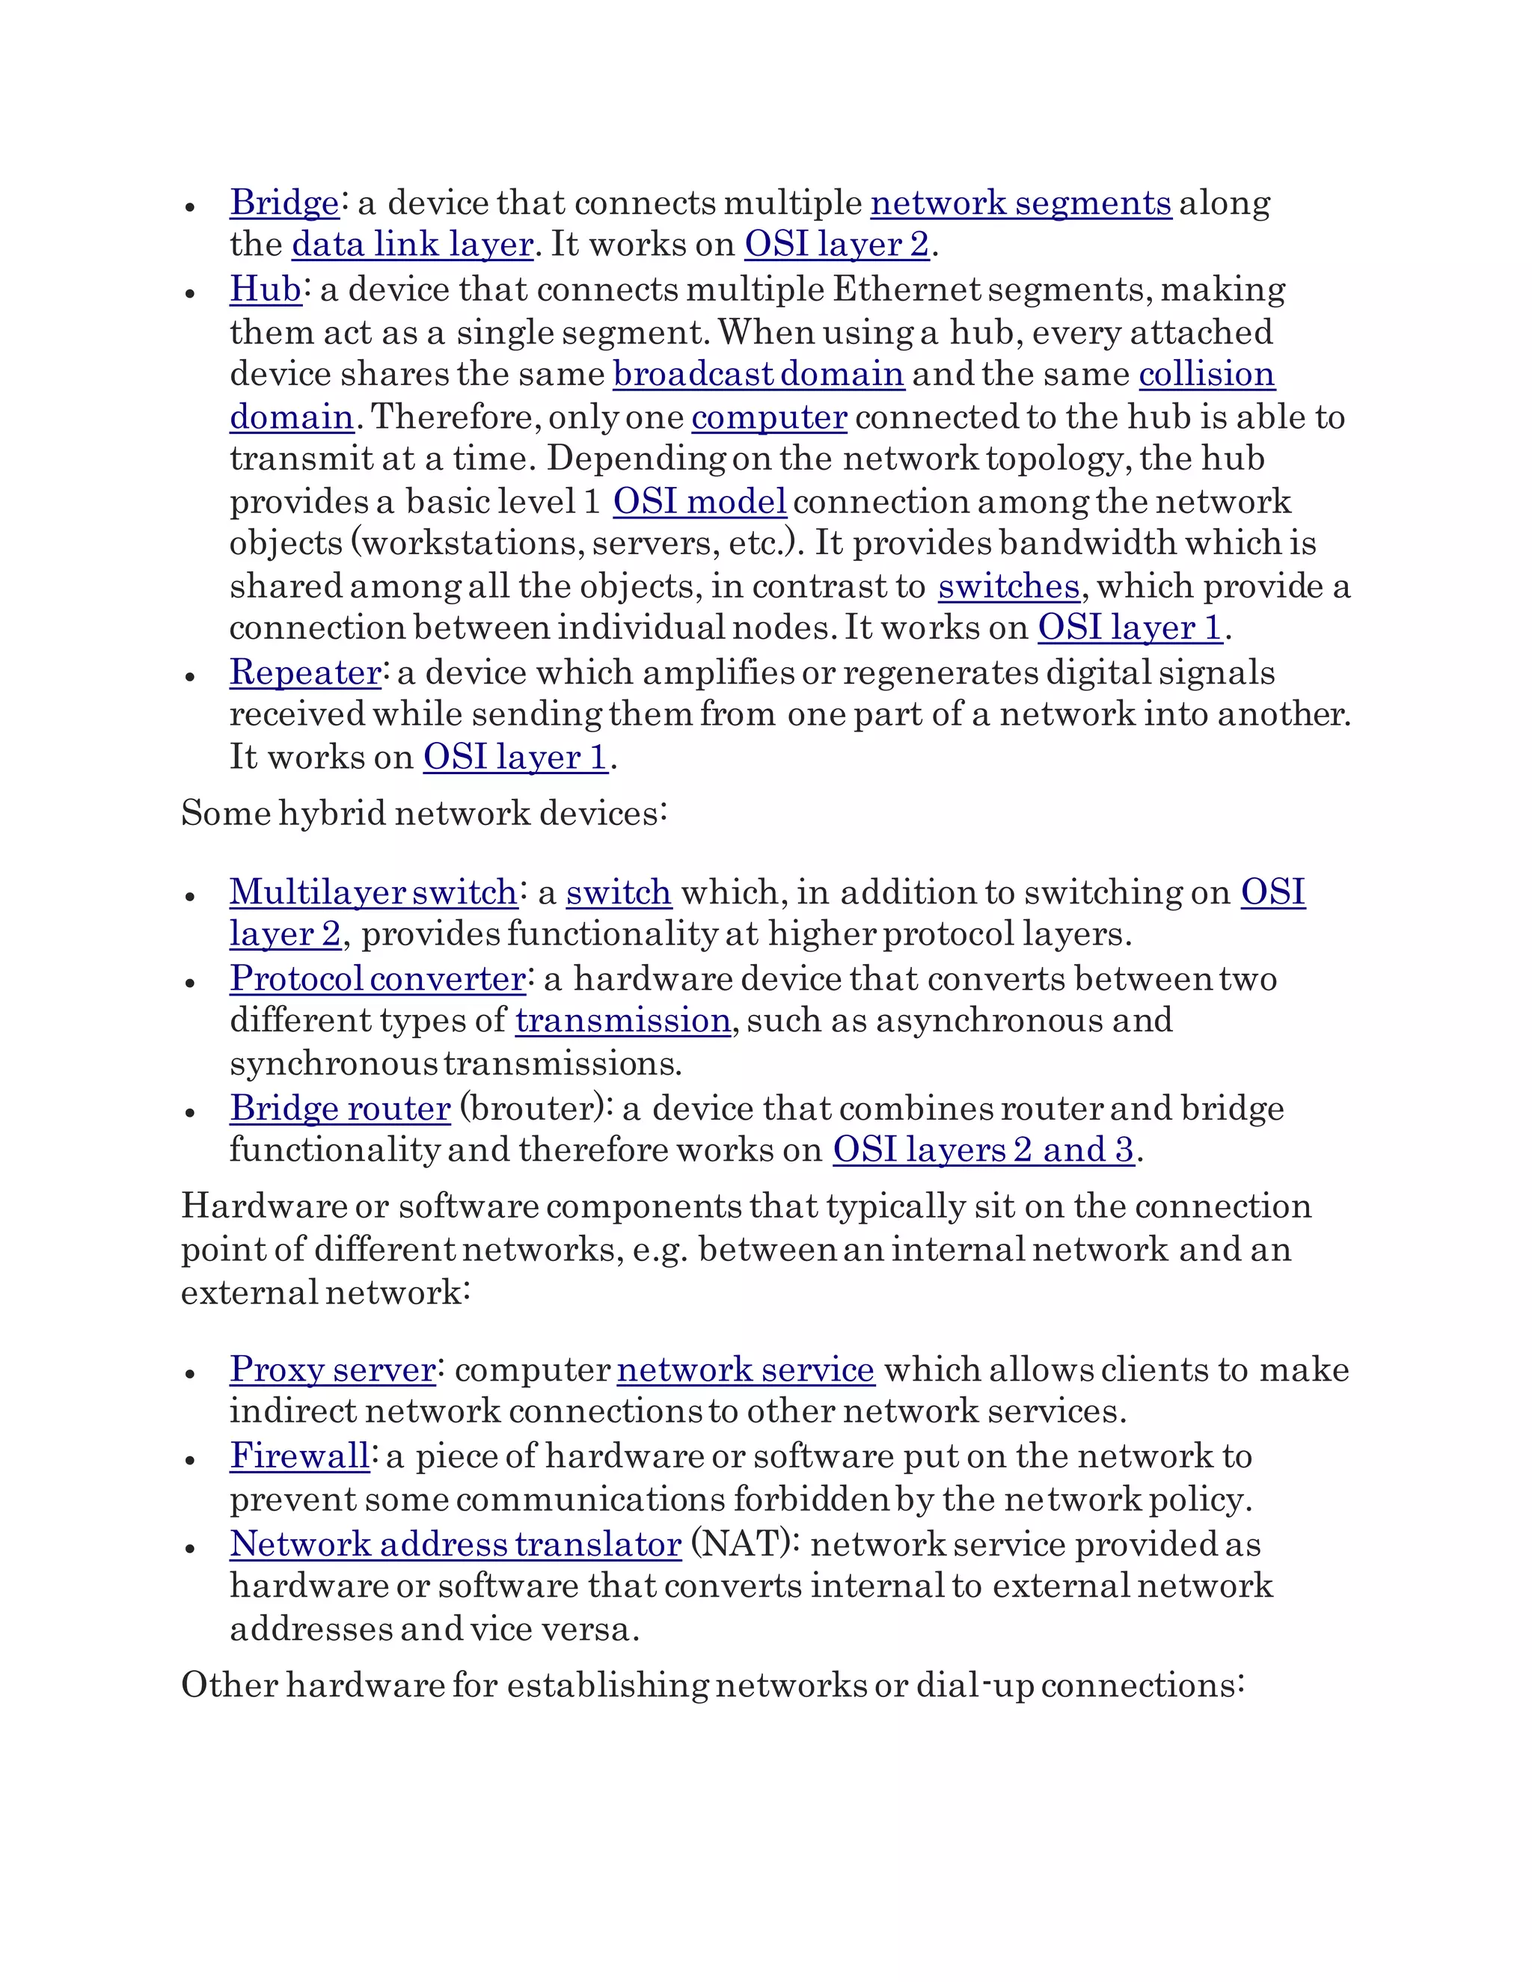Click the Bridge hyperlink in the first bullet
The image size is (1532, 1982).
click(x=284, y=203)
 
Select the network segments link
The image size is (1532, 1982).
click(x=1020, y=203)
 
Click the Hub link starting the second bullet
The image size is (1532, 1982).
click(x=265, y=289)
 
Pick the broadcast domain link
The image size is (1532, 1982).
click(x=758, y=374)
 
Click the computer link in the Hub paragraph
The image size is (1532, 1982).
click(x=769, y=417)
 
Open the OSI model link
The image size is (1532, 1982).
click(x=699, y=502)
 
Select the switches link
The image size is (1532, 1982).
click(x=1008, y=586)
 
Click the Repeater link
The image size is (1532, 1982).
click(x=305, y=672)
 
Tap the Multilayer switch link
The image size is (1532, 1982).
click(x=373, y=892)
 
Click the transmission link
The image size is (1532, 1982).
click(x=622, y=1021)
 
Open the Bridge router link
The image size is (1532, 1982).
click(x=340, y=1108)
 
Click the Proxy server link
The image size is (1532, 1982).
click(x=332, y=1369)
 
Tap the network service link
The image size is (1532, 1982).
click(x=745, y=1369)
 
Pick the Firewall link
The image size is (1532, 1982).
click(x=299, y=1456)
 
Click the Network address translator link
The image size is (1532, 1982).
click(x=455, y=1544)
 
